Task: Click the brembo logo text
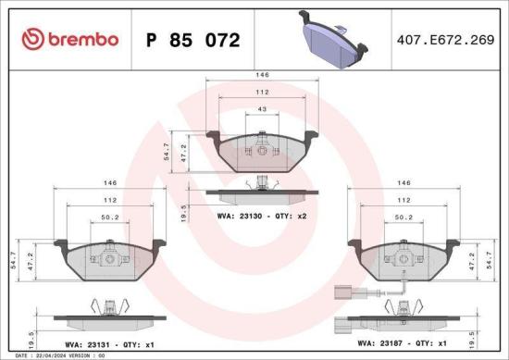click(70, 39)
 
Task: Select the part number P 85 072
click(193, 41)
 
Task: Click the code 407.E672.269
click(443, 40)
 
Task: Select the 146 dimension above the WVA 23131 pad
click(110, 184)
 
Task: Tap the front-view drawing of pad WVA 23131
click(109, 261)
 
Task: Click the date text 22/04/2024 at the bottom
click(43, 354)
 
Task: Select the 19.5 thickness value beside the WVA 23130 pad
click(183, 214)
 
